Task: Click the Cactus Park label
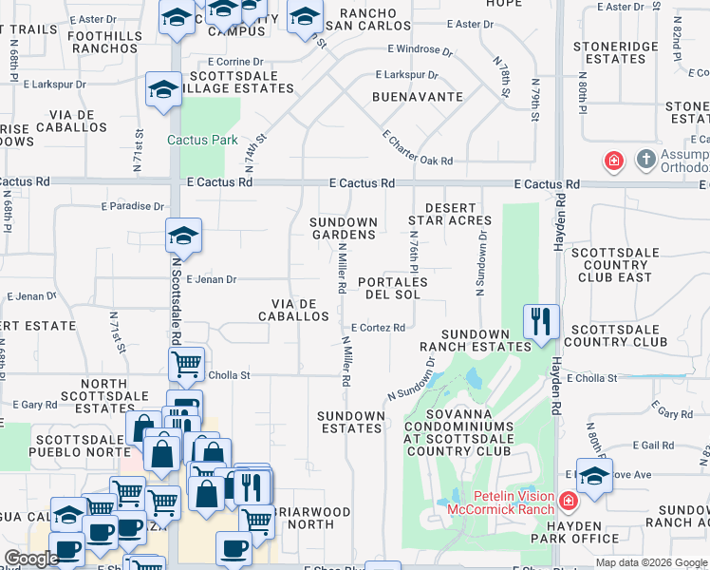coord(202,141)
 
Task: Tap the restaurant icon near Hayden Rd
coord(541,321)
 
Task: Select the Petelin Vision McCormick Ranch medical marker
coord(568,500)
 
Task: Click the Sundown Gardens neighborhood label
coord(344,229)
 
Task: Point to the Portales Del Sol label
coord(393,289)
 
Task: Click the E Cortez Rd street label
coord(378,328)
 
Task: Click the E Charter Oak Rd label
coord(418,149)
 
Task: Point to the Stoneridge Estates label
coord(616,51)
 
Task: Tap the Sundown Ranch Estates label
coord(476,340)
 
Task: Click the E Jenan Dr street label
coord(211,279)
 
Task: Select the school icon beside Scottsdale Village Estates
coord(163,90)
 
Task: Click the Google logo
coord(32,559)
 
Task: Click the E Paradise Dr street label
coord(132,205)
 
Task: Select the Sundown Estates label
coord(350,422)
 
